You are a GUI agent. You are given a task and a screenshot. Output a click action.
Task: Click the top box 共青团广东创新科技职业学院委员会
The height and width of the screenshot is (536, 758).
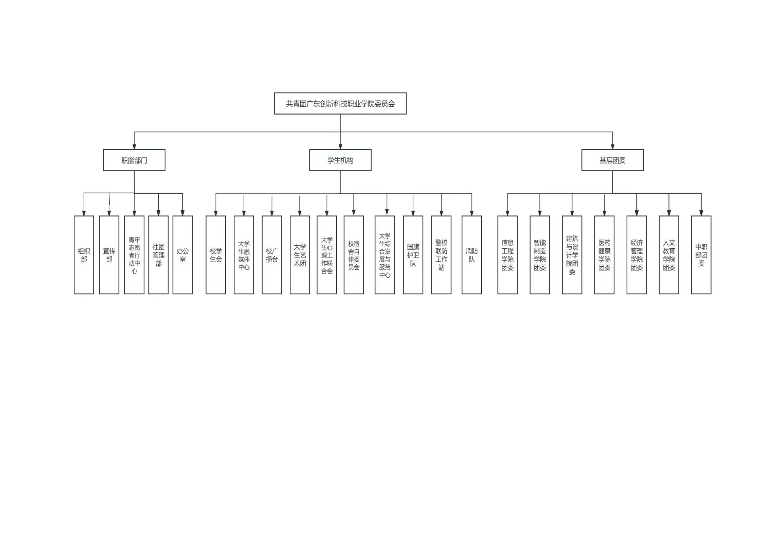pos(340,103)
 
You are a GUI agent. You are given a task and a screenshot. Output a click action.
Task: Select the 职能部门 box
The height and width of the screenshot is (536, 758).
pos(134,160)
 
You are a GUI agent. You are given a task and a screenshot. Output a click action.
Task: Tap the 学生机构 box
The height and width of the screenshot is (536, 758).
pos(340,160)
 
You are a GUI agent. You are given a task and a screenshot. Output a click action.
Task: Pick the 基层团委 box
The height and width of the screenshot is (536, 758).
pos(612,160)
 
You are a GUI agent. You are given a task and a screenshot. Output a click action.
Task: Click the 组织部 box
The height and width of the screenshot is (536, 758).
pos(84,255)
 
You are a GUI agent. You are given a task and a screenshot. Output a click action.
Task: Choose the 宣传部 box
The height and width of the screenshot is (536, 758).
pos(109,255)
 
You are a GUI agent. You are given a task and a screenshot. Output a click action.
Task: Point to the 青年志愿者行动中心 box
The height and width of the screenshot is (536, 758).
pos(134,255)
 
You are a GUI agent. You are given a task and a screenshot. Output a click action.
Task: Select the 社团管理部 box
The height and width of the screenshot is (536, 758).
pos(158,255)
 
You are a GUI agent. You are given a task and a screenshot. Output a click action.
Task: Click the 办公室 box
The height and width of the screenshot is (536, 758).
pos(183,255)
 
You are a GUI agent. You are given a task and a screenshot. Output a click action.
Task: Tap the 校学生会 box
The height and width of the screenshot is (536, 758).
pos(216,255)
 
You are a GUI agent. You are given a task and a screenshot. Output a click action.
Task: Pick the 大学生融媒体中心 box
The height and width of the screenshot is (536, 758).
pos(244,255)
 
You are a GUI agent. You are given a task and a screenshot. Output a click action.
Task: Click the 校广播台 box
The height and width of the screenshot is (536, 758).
pos(272,255)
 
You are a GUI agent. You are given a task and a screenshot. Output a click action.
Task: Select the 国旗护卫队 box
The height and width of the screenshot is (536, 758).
pos(413,255)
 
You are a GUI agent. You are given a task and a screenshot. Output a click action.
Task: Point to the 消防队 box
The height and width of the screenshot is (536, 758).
pos(472,255)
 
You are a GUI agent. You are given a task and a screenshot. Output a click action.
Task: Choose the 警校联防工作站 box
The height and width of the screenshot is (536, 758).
pos(441,255)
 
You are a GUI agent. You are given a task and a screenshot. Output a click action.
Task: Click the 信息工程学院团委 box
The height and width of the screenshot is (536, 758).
pos(508,255)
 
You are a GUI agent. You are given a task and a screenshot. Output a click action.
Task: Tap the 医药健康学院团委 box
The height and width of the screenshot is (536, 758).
pos(604,255)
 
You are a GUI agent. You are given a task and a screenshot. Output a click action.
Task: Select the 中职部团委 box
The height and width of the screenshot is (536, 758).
pos(701,255)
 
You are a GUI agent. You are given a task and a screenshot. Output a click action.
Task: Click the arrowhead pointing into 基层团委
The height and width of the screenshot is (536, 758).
pos(612,147)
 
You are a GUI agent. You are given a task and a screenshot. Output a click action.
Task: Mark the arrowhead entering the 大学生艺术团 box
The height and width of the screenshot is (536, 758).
pos(299,213)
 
